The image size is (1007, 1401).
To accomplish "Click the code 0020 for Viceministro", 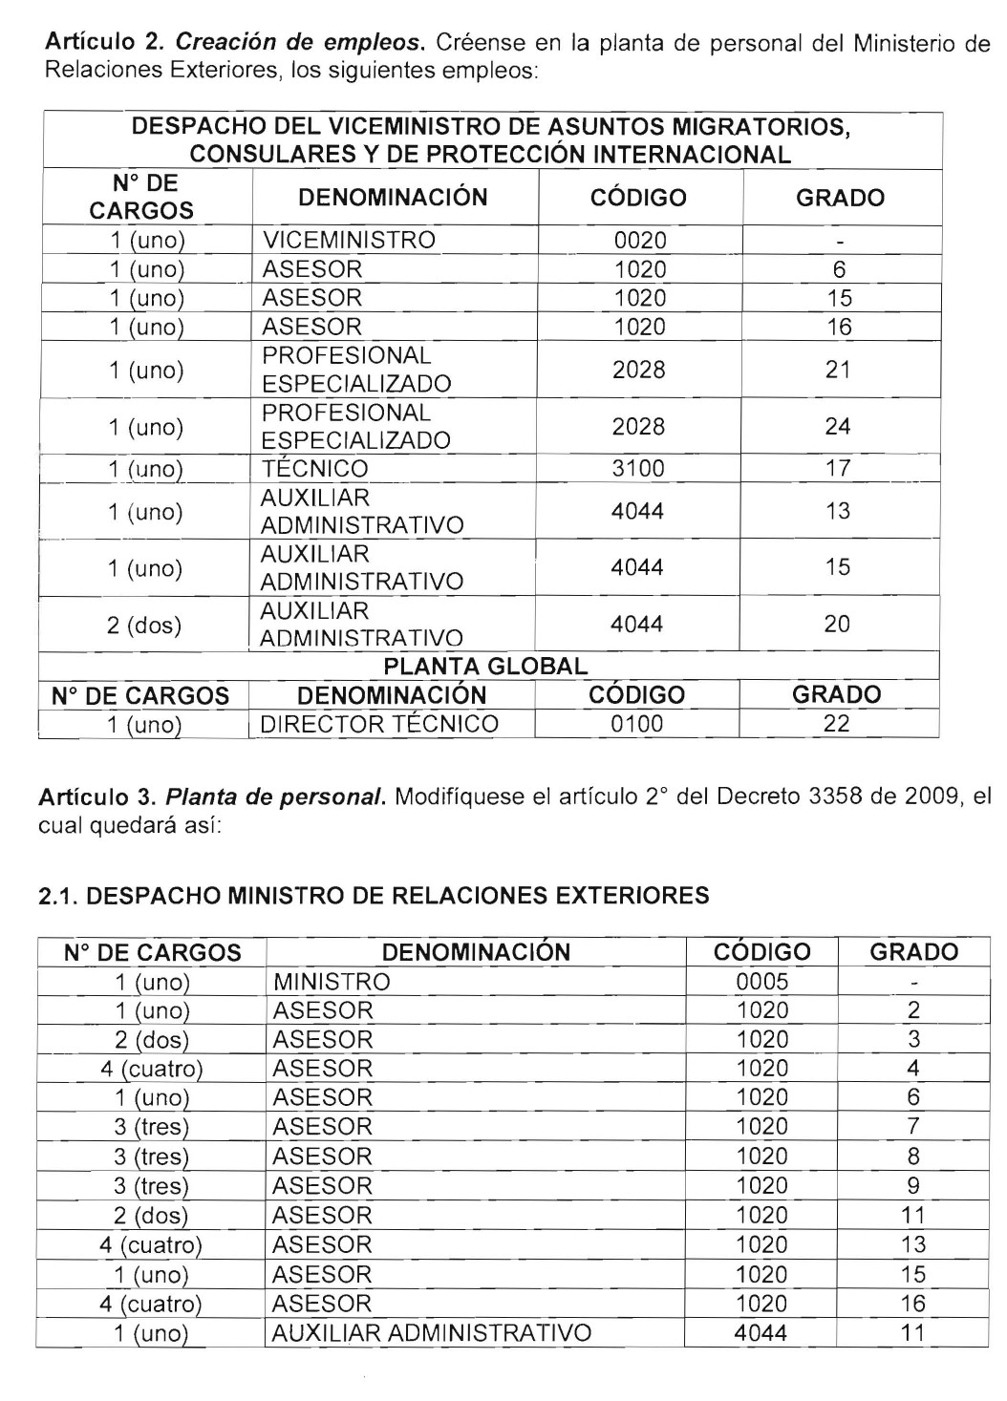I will point(639,240).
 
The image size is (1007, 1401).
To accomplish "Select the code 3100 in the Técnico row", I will point(639,468).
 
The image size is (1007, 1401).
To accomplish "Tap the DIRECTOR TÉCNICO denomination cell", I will point(379,724).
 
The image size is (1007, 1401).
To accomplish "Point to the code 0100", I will point(636,724).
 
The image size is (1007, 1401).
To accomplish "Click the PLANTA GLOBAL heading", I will point(485,666).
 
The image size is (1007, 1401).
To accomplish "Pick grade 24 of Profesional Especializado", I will point(838,426).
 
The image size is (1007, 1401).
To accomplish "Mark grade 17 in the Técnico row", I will point(838,468).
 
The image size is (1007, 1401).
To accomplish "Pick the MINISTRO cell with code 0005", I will point(332,982).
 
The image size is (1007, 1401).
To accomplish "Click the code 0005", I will point(762,982).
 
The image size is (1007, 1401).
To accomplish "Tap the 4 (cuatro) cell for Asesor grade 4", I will point(152,1069).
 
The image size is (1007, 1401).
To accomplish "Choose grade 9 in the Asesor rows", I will point(913,1186).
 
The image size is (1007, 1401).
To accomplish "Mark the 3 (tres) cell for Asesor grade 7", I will point(152,1128).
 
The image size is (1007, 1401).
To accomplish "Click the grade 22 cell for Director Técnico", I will point(836,724).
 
